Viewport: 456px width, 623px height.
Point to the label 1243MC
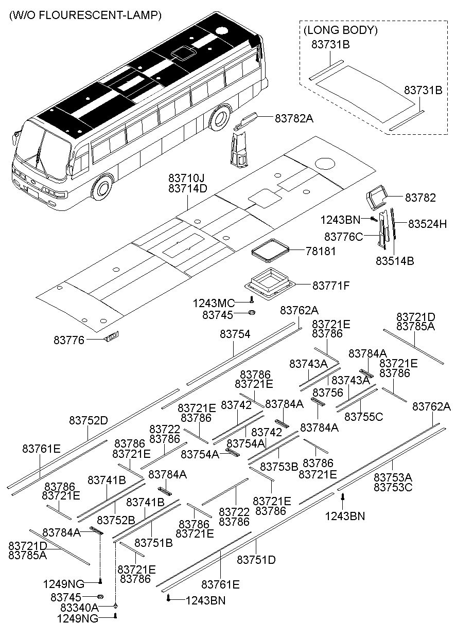pos(214,302)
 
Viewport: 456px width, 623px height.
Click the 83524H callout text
pos(428,224)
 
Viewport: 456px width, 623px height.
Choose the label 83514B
pos(395,260)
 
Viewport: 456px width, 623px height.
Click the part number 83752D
pos(89,420)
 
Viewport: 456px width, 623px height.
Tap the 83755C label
pos(363,416)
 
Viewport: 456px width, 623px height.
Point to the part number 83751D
pos(256,559)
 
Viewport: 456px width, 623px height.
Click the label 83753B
pos(279,467)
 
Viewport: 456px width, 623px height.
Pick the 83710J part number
pos(187,177)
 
